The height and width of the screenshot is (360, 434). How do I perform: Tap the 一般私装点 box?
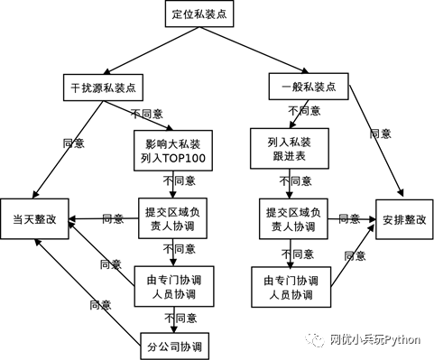click(x=309, y=88)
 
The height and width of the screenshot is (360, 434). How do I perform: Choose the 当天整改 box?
click(x=35, y=218)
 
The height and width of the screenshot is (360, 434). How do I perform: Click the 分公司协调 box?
click(x=174, y=346)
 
